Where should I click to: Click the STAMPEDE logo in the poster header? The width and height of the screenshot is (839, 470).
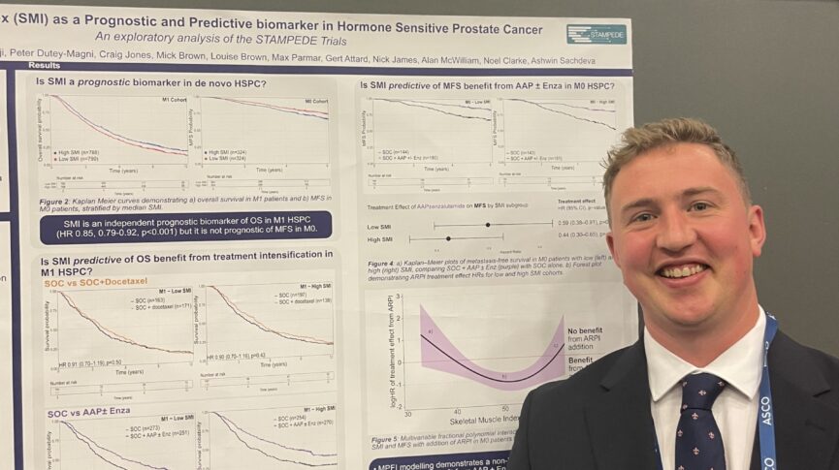point(596,34)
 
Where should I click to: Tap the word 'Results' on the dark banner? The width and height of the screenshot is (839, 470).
point(44,65)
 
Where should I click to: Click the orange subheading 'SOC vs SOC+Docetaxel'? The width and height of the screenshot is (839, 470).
point(93,283)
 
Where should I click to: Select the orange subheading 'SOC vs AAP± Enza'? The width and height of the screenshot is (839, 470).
point(88,414)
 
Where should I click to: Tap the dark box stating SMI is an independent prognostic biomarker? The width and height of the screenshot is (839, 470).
point(185,226)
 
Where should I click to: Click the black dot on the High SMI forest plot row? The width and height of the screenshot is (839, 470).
point(448,237)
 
